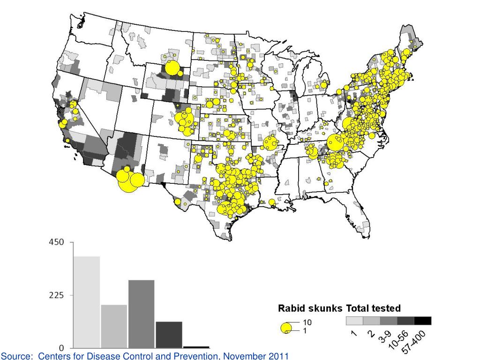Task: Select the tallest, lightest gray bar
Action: coord(87,302)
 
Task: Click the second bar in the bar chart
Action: coord(114,326)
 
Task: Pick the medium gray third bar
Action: coord(141,314)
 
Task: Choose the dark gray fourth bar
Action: coord(169,335)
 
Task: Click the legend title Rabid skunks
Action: coord(311,308)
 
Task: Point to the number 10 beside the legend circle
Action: coord(307,322)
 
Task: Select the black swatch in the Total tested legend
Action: coord(422,321)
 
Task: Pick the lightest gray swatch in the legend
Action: coord(354,321)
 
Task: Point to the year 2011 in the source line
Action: coord(277,356)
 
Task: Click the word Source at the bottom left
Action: coord(13,356)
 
